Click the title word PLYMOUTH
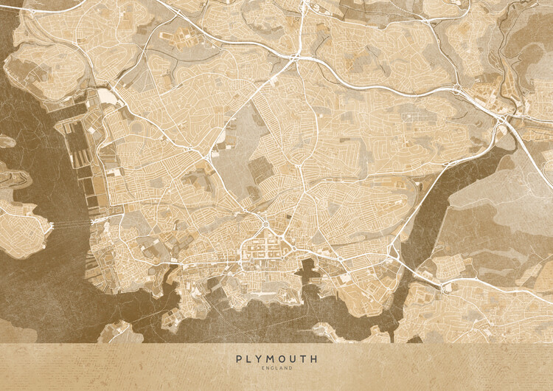(x=276, y=359)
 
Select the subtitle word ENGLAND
(x=276, y=368)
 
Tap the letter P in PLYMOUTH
(x=239, y=359)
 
